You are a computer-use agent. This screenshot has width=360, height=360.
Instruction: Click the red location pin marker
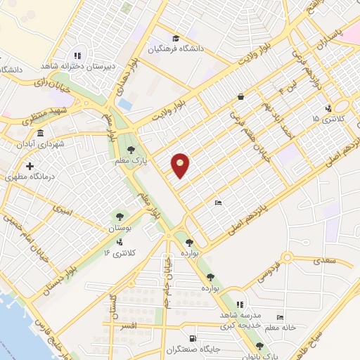click(181, 165)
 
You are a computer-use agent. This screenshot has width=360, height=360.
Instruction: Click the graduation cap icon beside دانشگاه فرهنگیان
click(175, 39)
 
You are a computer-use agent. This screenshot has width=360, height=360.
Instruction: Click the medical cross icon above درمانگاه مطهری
click(29, 167)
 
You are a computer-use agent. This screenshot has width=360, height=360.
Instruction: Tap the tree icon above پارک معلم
click(131, 149)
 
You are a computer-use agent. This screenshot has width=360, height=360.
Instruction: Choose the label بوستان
click(119, 229)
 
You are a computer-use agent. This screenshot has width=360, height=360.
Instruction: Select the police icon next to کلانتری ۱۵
click(328, 108)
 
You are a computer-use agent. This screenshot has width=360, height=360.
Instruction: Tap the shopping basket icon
click(240, 96)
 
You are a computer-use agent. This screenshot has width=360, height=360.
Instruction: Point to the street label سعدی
click(326, 261)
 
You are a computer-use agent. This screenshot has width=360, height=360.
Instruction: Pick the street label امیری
click(62, 210)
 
